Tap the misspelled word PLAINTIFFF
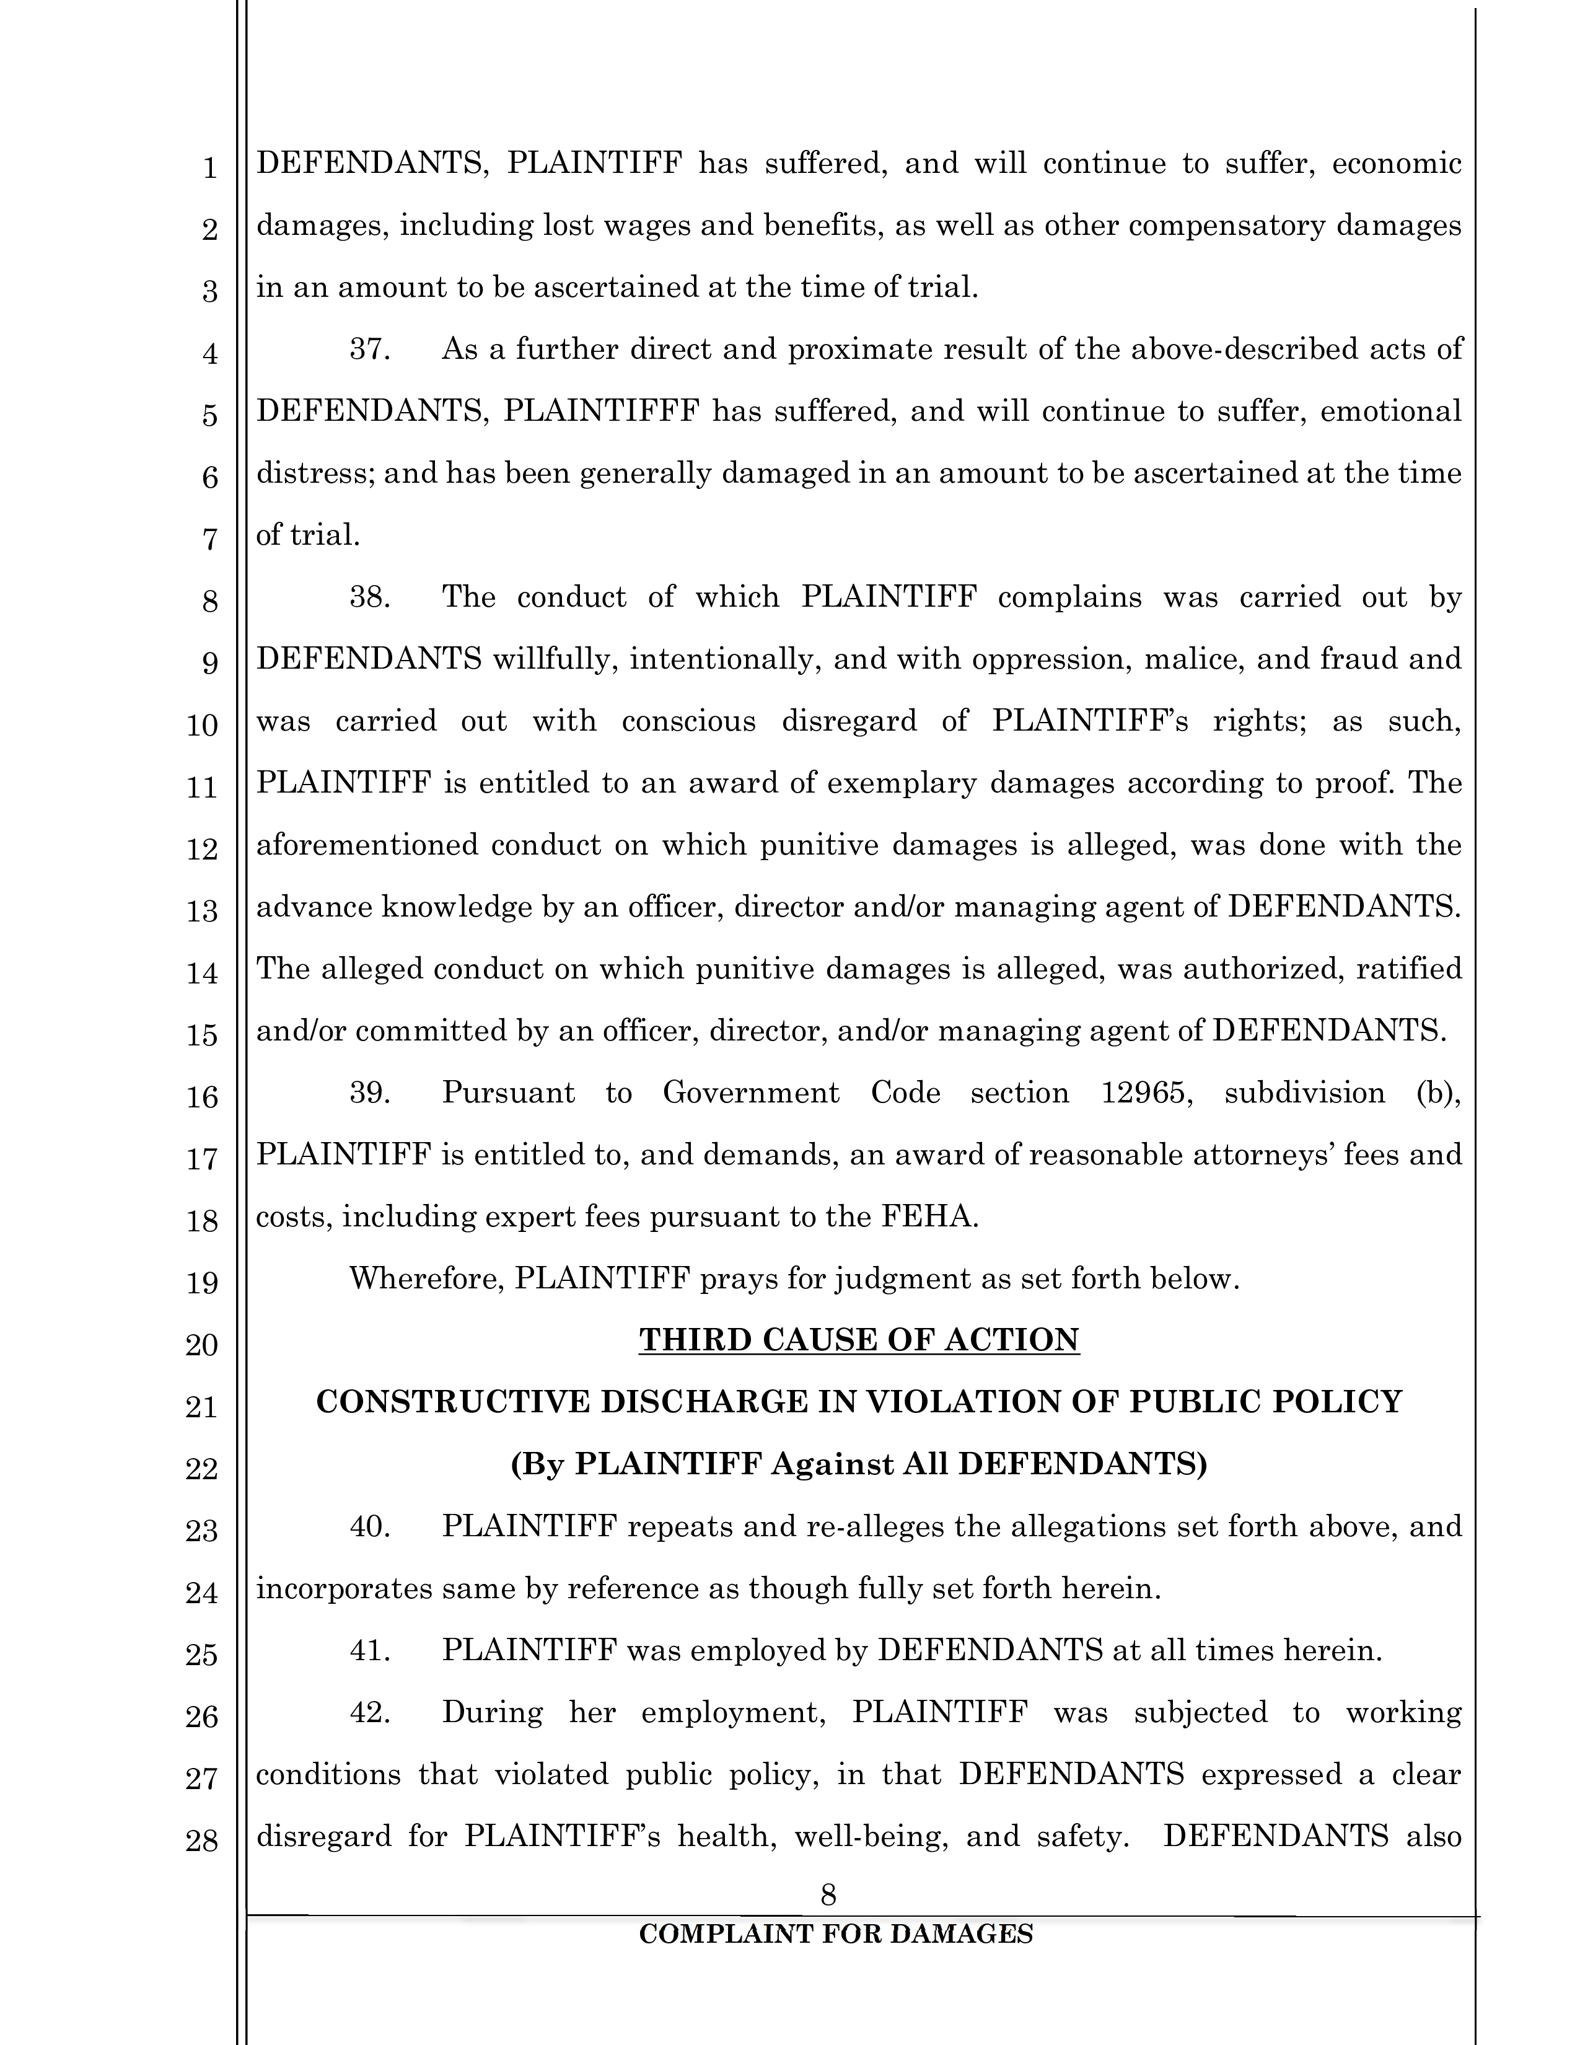pyautogui.click(x=602, y=411)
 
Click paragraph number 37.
pyautogui.click(x=370, y=350)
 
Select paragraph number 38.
pyautogui.click(x=370, y=597)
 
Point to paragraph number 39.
pyautogui.click(x=370, y=1093)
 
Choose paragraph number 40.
pyautogui.click(x=370, y=1526)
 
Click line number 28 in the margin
pyautogui.click(x=202, y=1841)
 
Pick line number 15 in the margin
pyautogui.click(x=202, y=1035)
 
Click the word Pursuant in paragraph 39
pyautogui.click(x=508, y=1093)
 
